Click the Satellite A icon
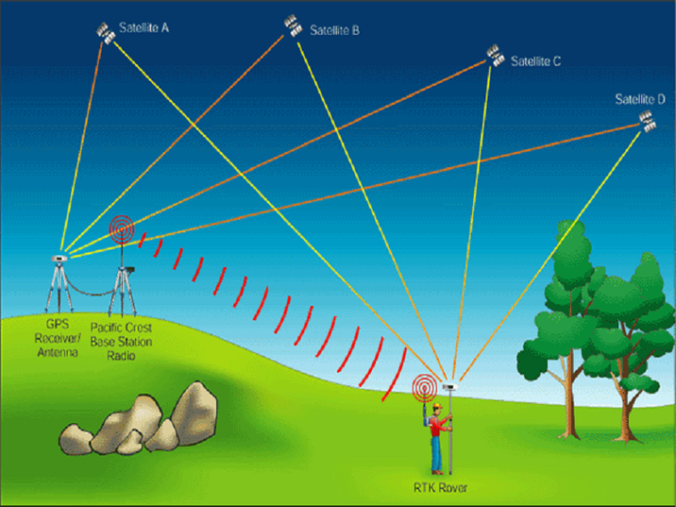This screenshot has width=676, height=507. pyautogui.click(x=106, y=33)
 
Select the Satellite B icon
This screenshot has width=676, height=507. pyautogui.click(x=294, y=26)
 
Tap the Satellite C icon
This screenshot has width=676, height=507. pyautogui.click(x=495, y=56)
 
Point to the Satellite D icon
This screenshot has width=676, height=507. pyautogui.click(x=648, y=122)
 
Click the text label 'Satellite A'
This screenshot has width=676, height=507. pyautogui.click(x=144, y=28)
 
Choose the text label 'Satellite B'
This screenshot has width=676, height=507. pyautogui.click(x=334, y=30)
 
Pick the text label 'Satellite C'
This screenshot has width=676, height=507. pyautogui.click(x=535, y=61)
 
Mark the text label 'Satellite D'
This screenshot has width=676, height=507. pyautogui.click(x=640, y=100)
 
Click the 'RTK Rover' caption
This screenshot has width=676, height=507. pyautogui.click(x=440, y=487)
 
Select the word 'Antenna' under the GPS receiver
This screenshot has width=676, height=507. pyautogui.click(x=58, y=352)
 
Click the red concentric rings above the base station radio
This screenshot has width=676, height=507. pyautogui.click(x=122, y=229)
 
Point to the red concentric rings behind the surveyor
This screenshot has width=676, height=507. pyautogui.click(x=425, y=387)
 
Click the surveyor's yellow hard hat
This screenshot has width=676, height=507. pyautogui.click(x=438, y=406)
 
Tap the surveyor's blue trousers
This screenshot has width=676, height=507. pyautogui.click(x=437, y=454)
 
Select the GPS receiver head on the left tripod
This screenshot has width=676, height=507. pyautogui.click(x=59, y=258)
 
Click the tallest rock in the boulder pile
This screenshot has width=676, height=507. pyautogui.click(x=194, y=413)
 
